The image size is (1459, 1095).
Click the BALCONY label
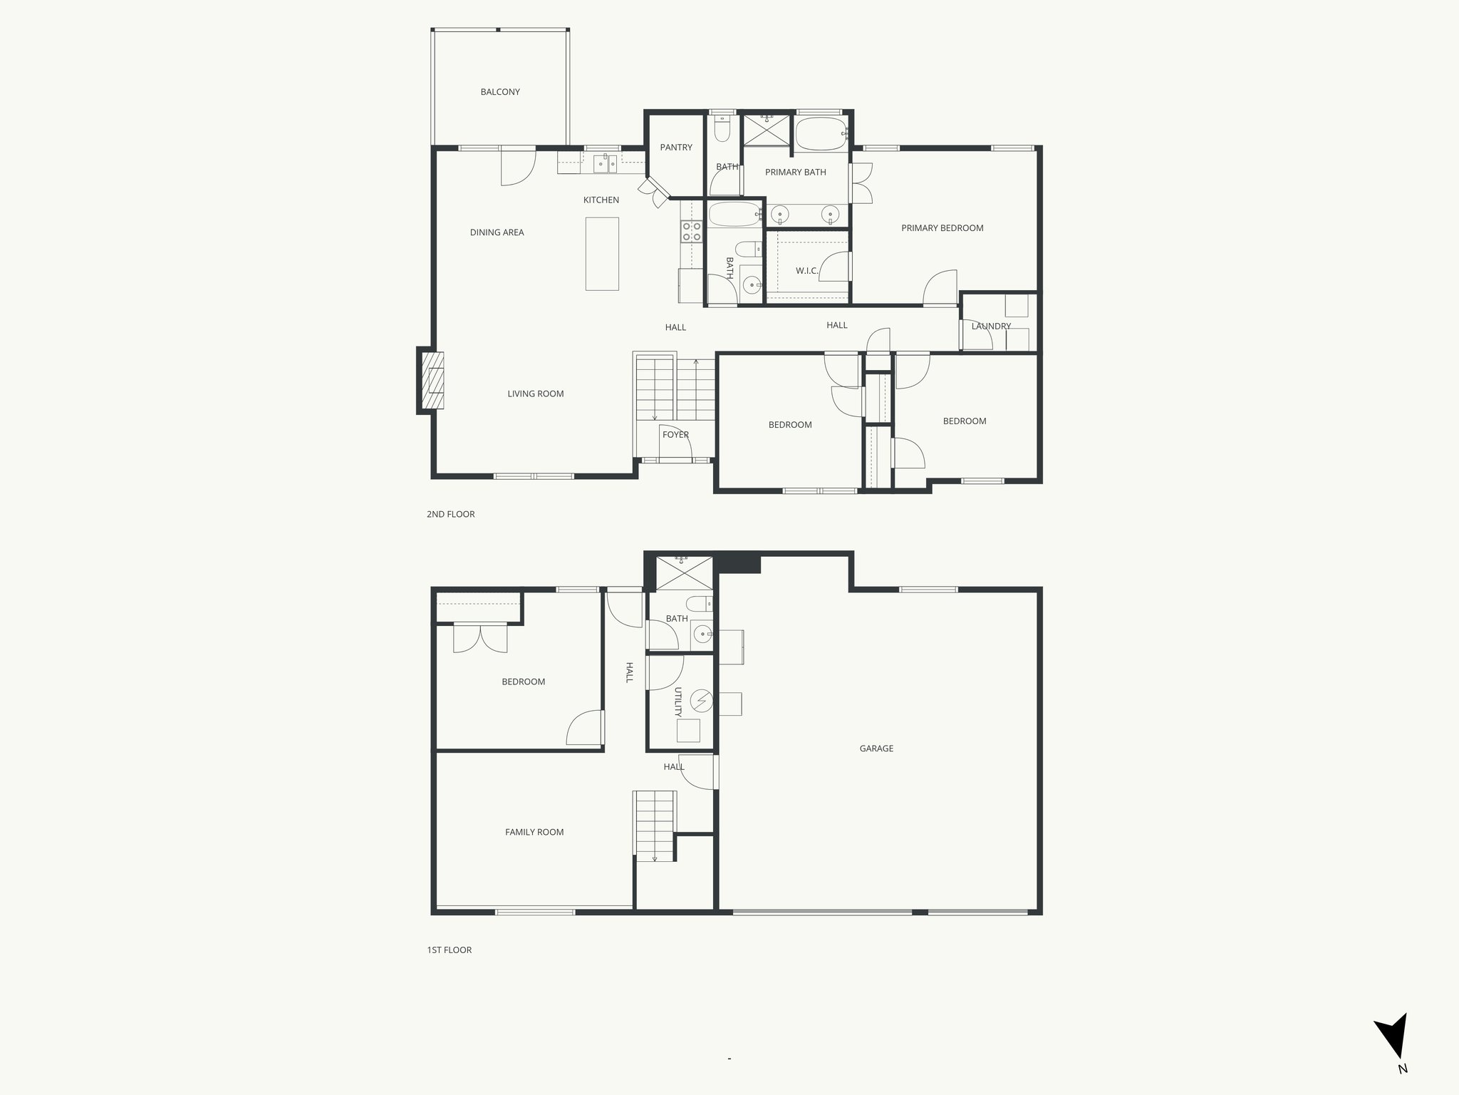pyautogui.click(x=500, y=92)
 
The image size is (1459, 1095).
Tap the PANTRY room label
pyautogui.click(x=676, y=148)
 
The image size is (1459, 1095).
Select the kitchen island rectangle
pyautogui.click(x=602, y=254)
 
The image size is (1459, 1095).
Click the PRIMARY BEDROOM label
pyautogui.click(x=942, y=228)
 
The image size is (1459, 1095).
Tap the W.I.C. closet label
pyautogui.click(x=806, y=271)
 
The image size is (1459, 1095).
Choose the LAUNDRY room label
pyautogui.click(x=991, y=327)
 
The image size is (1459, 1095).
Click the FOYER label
pyautogui.click(x=675, y=435)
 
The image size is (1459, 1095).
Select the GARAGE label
pyautogui.click(x=876, y=749)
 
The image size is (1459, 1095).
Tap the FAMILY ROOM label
pyautogui.click(x=534, y=832)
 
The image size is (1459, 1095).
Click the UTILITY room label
pyautogui.click(x=678, y=702)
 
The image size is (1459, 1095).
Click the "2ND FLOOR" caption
pyautogui.click(x=450, y=514)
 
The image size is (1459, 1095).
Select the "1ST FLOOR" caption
pyautogui.click(x=449, y=950)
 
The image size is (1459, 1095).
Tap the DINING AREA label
pyautogui.click(x=497, y=232)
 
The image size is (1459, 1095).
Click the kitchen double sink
pyautogui.click(x=606, y=164)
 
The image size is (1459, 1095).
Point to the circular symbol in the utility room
pyautogui.click(x=701, y=701)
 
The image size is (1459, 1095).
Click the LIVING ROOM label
pyautogui.click(x=536, y=394)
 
